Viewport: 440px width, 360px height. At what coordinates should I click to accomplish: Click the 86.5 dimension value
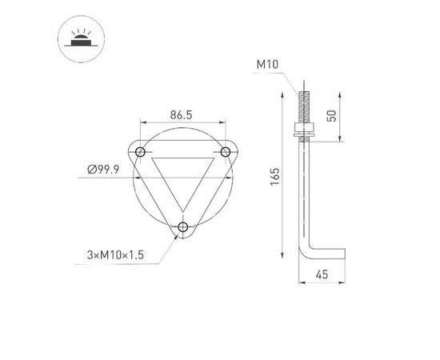click(182, 115)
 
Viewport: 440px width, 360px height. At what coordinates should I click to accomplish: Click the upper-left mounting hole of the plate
click(141, 151)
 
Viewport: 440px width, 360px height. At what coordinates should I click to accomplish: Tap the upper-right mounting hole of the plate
click(225, 151)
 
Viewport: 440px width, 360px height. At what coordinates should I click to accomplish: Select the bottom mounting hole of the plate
click(183, 228)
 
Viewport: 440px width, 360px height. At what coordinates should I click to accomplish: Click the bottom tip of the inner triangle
click(183, 210)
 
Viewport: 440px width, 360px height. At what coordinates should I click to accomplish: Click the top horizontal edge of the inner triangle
click(183, 158)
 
